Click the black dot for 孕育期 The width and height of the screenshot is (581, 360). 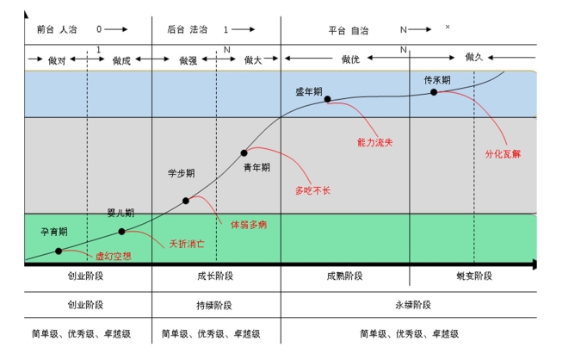click(x=59, y=251)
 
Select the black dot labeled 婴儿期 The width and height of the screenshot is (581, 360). click(x=121, y=231)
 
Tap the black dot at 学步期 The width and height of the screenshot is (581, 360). click(x=186, y=201)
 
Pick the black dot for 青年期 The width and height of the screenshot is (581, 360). click(x=244, y=152)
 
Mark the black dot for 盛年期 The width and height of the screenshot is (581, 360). click(x=328, y=99)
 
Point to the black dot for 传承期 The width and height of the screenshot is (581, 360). click(x=434, y=91)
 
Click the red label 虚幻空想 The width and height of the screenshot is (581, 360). click(x=112, y=256)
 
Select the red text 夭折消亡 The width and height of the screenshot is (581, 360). click(x=184, y=244)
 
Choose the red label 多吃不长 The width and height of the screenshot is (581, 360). click(x=312, y=189)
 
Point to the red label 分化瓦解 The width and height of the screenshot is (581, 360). click(x=503, y=154)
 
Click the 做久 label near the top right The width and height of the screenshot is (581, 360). click(x=474, y=57)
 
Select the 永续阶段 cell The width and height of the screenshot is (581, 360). click(x=411, y=305)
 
